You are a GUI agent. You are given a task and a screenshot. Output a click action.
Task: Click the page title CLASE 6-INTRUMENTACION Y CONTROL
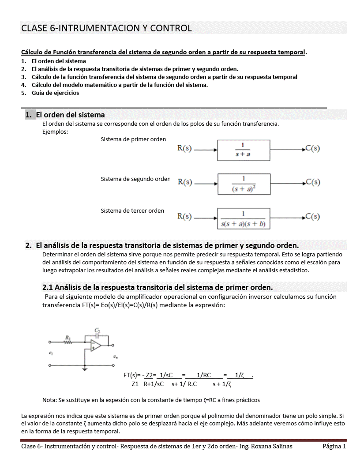coord(106,28)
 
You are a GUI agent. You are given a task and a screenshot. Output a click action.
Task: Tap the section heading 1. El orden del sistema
coord(70,115)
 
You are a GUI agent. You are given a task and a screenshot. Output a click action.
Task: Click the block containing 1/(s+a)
coord(243,150)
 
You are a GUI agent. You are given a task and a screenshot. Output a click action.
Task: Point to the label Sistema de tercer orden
coord(132,210)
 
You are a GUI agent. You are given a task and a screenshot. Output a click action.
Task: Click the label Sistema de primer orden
coord(133,139)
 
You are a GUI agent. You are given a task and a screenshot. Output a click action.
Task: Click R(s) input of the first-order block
coord(184,149)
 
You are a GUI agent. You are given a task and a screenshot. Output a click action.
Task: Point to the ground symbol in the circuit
coord(85,368)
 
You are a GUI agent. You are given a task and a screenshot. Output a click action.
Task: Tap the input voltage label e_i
coord(52,353)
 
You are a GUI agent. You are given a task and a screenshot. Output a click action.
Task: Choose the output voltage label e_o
coord(115,357)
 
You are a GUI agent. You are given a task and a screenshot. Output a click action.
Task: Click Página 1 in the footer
coord(334,447)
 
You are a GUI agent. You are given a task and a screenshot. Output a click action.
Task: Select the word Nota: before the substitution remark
coord(50,400)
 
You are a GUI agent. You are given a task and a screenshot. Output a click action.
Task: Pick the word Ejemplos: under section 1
coord(55,131)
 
